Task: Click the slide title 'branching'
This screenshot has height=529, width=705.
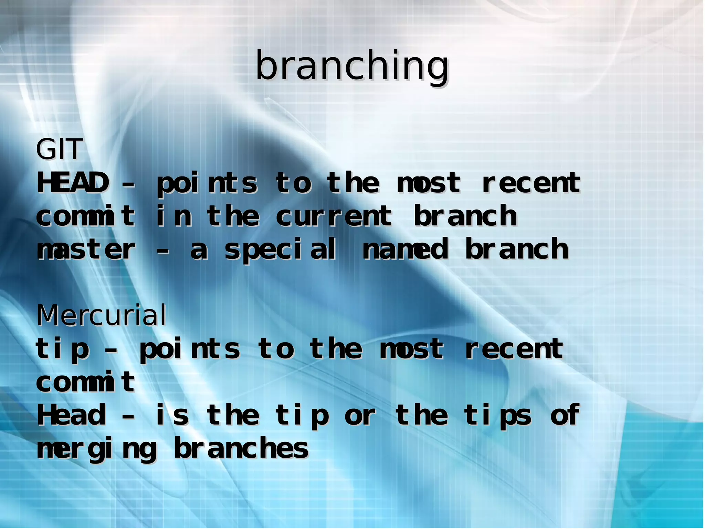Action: (352, 66)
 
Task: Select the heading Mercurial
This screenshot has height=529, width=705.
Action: (101, 315)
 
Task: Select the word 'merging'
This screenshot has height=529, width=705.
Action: (96, 450)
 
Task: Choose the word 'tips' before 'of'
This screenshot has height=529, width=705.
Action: (497, 416)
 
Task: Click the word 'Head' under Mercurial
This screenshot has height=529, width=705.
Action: (71, 415)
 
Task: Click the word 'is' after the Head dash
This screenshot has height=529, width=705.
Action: (172, 415)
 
